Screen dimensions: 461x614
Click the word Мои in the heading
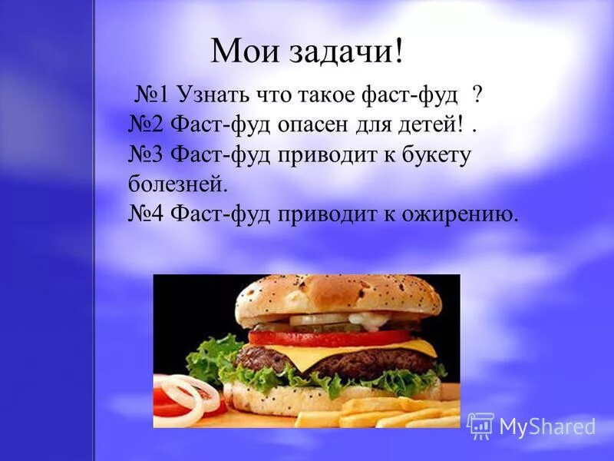coord(238,51)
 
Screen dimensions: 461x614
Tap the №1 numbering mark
coord(153,95)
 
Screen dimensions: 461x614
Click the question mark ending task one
coord(477,95)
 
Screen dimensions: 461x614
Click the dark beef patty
coord(307,360)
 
